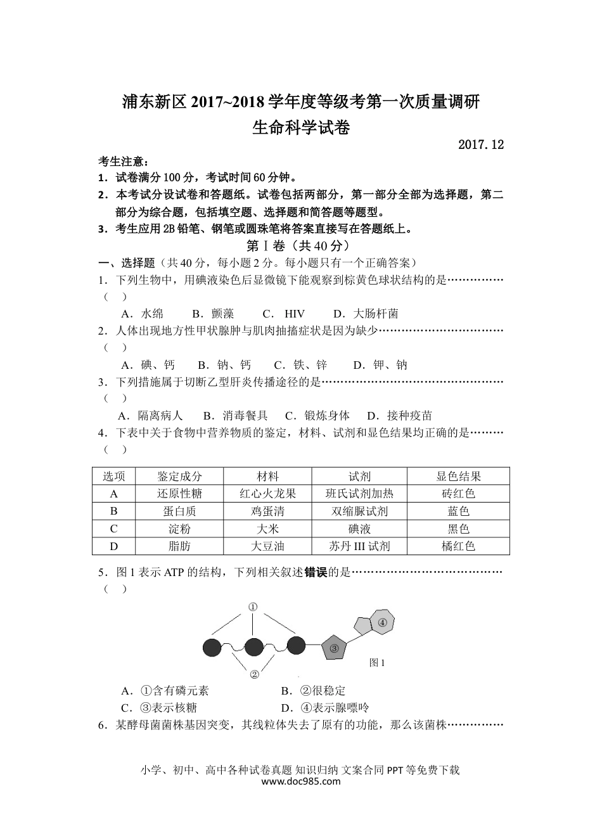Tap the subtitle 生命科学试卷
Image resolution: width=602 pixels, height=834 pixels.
pyautogui.click(x=301, y=127)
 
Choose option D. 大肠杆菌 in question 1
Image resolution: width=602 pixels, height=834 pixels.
pyautogui.click(x=366, y=314)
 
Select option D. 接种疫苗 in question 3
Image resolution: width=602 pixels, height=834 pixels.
pyautogui.click(x=399, y=416)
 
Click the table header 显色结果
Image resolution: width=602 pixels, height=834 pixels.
pyautogui.click(x=458, y=477)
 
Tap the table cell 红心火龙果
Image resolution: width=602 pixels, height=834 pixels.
pyautogui.click(x=267, y=494)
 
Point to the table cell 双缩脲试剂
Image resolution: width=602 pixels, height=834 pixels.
pyautogui.click(x=359, y=511)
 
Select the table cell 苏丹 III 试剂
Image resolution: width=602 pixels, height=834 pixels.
pyautogui.click(x=359, y=546)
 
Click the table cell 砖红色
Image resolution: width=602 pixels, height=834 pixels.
pyautogui.click(x=458, y=494)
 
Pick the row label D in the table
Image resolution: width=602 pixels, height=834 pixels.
pyautogui.click(x=114, y=546)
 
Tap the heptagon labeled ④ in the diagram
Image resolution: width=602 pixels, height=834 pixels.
pyautogui.click(x=382, y=622)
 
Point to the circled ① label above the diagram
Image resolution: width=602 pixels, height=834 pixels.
pyautogui.click(x=253, y=606)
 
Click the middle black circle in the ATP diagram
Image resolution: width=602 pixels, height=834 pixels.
pyautogui.click(x=253, y=647)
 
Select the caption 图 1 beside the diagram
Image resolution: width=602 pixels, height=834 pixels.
pyautogui.click(x=377, y=663)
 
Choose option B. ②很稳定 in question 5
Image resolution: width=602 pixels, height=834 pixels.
pyautogui.click(x=313, y=691)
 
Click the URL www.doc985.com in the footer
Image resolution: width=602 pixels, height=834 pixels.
pyautogui.click(x=301, y=781)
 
